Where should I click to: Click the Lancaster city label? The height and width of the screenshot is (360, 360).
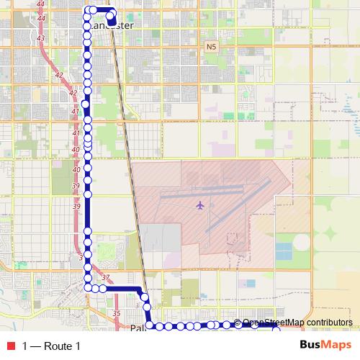click(x=113, y=26)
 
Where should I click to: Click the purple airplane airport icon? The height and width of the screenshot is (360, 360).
click(x=200, y=206)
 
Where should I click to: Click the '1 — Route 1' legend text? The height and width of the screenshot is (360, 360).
click(x=51, y=346)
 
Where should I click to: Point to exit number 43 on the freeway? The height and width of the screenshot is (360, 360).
click(x=40, y=38)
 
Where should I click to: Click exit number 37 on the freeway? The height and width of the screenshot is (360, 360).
click(x=106, y=278)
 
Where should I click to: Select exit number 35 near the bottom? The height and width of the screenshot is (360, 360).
click(x=117, y=314)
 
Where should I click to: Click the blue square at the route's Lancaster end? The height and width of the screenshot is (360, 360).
click(x=112, y=22)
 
